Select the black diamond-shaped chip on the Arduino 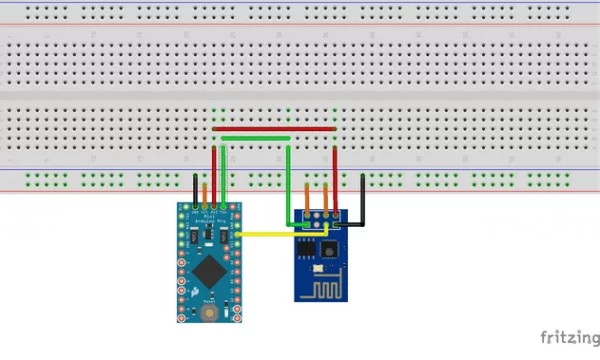[x=209, y=267]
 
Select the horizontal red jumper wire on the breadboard [x=274, y=129]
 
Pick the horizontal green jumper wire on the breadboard [x=257, y=139]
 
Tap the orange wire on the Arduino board [x=204, y=194]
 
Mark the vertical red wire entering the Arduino [x=214, y=170]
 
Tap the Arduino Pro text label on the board [x=213, y=218]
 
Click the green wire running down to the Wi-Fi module [x=289, y=180]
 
